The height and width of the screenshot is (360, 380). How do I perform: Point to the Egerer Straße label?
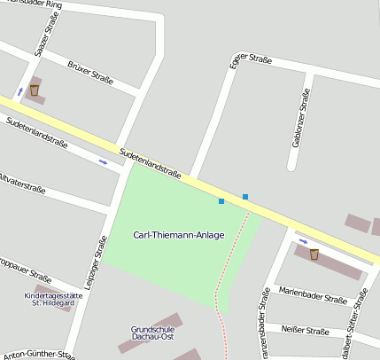click(x=250, y=60)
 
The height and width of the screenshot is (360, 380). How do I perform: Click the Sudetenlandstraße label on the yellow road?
click(x=151, y=162)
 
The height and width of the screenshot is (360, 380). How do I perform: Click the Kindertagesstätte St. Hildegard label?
click(x=53, y=299)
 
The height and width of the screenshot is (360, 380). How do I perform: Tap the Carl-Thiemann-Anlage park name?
click(x=178, y=235)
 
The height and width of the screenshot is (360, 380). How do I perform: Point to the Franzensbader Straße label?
click(x=263, y=324)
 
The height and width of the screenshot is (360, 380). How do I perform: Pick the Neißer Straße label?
click(x=304, y=331)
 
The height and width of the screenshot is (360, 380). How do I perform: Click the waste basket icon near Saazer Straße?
click(x=35, y=90)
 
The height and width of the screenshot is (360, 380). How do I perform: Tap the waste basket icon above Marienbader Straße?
click(x=314, y=254)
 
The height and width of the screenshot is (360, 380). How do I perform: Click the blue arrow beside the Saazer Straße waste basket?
click(x=19, y=91)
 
